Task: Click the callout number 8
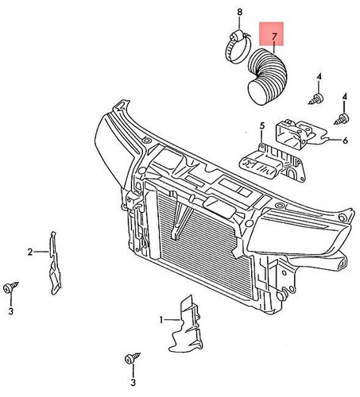pos(239,12)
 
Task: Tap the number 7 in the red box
pos(274,37)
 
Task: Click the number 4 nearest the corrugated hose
pos(319,77)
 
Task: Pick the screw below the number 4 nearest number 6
pos(343,118)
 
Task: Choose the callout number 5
pos(261,126)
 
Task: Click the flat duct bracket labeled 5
pos(273,164)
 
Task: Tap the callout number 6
pos(345,141)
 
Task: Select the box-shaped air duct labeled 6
pos(300,134)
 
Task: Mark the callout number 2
pos(30,252)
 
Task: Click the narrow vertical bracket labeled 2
pos(55,263)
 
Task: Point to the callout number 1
pos(161,320)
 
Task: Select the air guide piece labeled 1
pos(187,325)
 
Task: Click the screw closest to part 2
pos(11,287)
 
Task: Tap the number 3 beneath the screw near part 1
pos(133,382)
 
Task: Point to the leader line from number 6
pos(335,140)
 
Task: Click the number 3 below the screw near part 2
pos(10,311)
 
